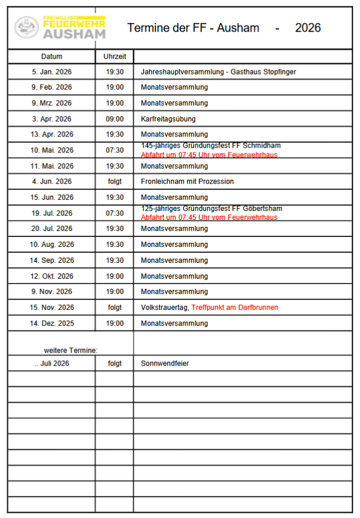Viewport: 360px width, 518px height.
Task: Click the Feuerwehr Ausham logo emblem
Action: [26, 27]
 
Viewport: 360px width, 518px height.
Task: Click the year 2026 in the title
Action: [308, 28]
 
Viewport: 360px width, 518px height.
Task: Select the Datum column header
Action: [52, 56]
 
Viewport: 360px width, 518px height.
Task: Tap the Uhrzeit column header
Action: [115, 56]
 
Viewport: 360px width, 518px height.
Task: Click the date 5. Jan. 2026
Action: [52, 72]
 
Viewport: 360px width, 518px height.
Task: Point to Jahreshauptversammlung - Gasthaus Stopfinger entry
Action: [218, 72]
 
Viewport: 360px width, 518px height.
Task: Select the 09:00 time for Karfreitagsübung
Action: [115, 119]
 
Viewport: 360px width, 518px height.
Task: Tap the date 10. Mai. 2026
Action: [52, 151]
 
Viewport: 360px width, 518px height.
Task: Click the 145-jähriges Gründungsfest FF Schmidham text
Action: [211, 146]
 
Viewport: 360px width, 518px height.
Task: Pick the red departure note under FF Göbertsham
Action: [209, 218]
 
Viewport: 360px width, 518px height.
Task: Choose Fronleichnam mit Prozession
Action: [187, 182]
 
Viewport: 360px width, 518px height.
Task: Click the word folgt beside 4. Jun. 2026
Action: [115, 182]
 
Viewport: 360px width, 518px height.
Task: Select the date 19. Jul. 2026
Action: [52, 213]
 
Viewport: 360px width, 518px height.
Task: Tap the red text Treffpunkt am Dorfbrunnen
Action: [235, 308]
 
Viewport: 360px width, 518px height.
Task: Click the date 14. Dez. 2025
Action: [52, 323]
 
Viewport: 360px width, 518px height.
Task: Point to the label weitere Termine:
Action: [71, 350]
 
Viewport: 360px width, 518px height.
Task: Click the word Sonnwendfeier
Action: [165, 363]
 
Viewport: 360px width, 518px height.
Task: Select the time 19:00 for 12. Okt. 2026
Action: [115, 276]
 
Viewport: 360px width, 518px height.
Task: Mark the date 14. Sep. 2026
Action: [52, 260]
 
